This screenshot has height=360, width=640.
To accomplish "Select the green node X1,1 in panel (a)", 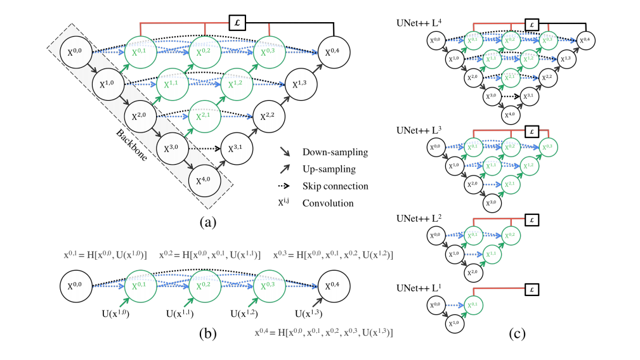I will point(172,84).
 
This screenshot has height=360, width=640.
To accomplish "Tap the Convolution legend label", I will point(329,203).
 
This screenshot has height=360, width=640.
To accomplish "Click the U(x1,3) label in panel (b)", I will point(310,313).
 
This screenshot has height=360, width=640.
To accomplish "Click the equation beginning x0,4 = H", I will point(323,331).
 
